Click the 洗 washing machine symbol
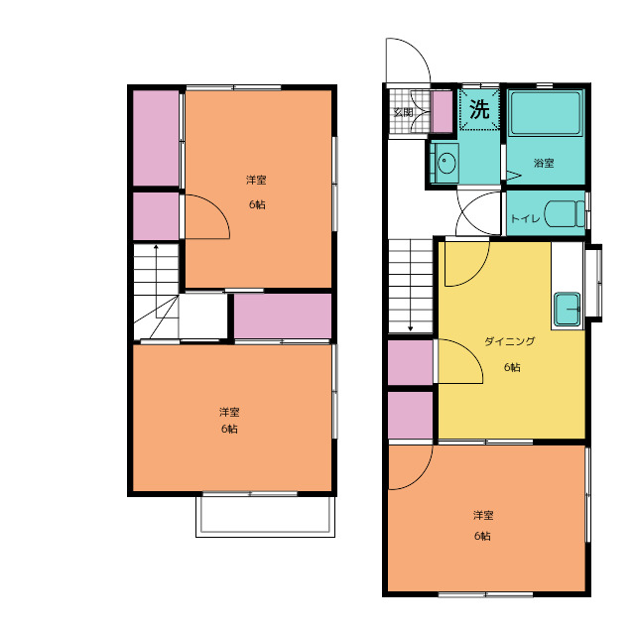tap(479, 109)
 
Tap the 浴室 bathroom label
tap(544, 163)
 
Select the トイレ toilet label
tap(525, 218)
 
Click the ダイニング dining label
tap(509, 341)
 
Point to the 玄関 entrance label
tap(404, 112)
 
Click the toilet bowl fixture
tap(565, 214)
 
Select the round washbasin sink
tap(446, 163)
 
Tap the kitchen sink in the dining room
tap(567, 309)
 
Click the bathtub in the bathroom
tap(546, 113)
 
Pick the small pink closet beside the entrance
tap(443, 112)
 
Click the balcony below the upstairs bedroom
tap(265, 516)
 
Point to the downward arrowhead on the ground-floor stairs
tap(410, 328)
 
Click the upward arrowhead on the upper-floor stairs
tap(156, 247)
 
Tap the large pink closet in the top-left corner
tap(156, 138)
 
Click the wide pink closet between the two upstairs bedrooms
tap(283, 316)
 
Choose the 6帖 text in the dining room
tap(512, 367)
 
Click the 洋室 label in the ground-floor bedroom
tap(483, 516)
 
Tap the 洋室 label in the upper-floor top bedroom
tap(256, 181)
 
